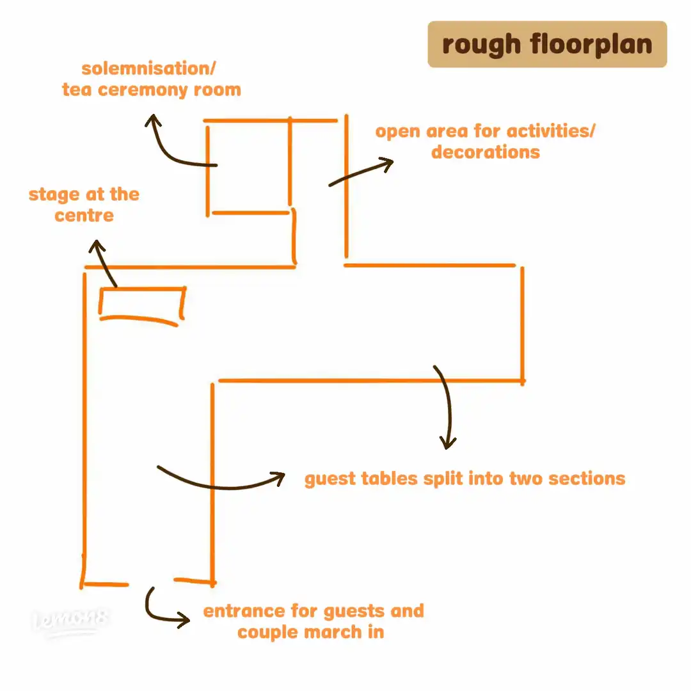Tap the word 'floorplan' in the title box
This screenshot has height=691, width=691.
pyautogui.click(x=590, y=45)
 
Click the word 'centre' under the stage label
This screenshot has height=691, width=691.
pyautogui.click(x=84, y=215)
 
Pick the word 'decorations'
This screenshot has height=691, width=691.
pyautogui.click(x=485, y=152)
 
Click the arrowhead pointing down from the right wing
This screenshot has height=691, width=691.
pyautogui.click(x=448, y=443)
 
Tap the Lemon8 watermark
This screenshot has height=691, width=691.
pyautogui.click(x=72, y=621)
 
